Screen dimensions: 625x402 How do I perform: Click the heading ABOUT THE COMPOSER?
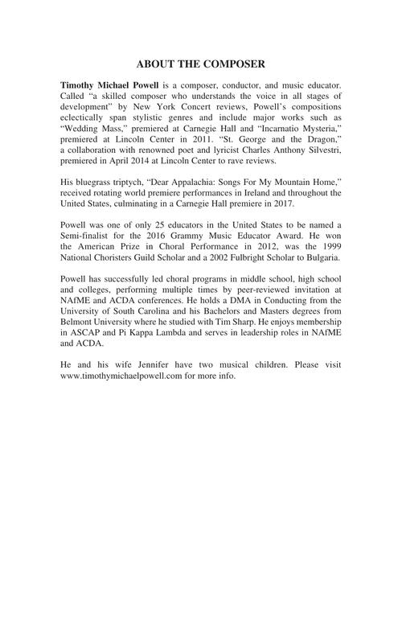point(200,64)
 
